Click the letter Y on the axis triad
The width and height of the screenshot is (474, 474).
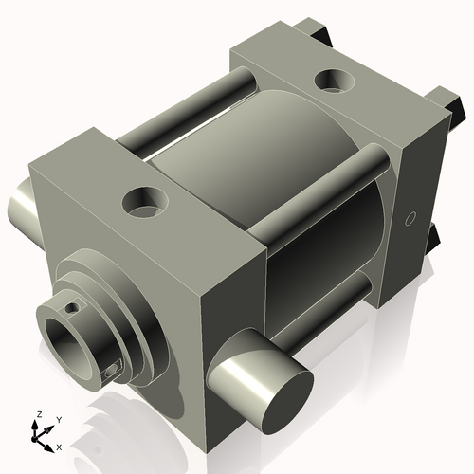59,419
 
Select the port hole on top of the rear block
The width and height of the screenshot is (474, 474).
335,82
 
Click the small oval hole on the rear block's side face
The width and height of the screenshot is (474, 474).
410,219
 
